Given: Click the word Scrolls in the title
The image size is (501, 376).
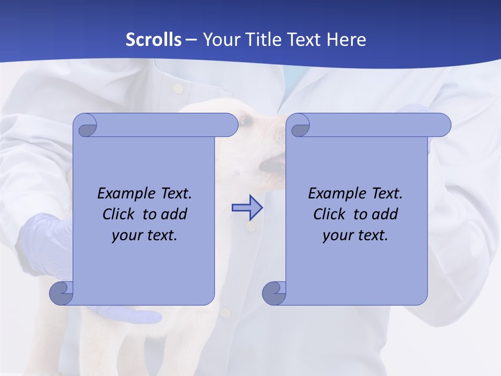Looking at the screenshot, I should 153,40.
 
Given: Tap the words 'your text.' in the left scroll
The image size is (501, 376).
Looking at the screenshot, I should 145,235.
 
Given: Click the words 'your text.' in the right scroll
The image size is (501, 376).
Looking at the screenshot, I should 355,235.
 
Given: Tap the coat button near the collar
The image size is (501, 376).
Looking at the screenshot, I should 178,88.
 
